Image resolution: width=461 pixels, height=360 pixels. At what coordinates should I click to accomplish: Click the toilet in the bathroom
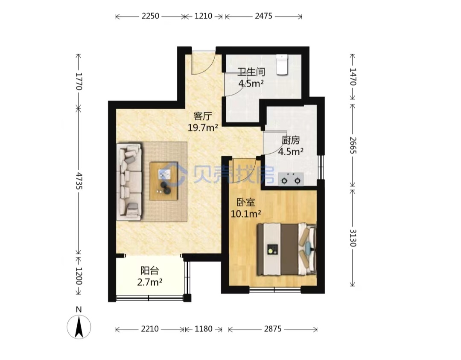point(282,65)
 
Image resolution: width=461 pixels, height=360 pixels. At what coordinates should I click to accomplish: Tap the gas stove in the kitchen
point(291,179)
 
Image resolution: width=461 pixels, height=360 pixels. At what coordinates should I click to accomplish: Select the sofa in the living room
point(129,182)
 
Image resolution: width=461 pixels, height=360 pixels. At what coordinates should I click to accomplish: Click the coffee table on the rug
point(164,181)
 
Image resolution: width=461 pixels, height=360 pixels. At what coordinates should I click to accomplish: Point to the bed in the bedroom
point(287,249)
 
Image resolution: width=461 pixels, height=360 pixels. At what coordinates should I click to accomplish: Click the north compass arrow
point(79,326)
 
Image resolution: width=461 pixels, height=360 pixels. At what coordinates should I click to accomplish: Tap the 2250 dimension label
point(150,16)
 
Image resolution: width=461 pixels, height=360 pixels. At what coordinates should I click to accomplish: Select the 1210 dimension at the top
point(203,16)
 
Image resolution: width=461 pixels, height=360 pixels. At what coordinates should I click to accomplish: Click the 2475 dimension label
point(263,16)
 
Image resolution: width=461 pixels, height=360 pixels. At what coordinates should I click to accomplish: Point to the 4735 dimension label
point(79,181)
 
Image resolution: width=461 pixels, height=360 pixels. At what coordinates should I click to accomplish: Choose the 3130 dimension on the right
point(353,238)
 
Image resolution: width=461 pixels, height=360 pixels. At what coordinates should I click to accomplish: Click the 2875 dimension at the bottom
point(272,329)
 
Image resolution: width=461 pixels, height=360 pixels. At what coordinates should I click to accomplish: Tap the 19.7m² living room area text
point(203,128)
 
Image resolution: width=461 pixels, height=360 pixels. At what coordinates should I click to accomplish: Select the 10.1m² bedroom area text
point(246,214)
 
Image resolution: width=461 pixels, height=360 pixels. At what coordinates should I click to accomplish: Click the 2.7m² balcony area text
point(150,282)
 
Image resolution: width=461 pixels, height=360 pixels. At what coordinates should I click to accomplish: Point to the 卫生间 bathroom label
point(251,72)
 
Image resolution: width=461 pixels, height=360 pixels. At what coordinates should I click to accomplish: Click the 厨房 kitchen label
point(291,140)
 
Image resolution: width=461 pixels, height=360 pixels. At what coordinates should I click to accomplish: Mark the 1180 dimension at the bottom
point(203,329)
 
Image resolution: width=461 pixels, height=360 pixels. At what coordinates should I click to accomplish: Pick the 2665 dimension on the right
point(353,145)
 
